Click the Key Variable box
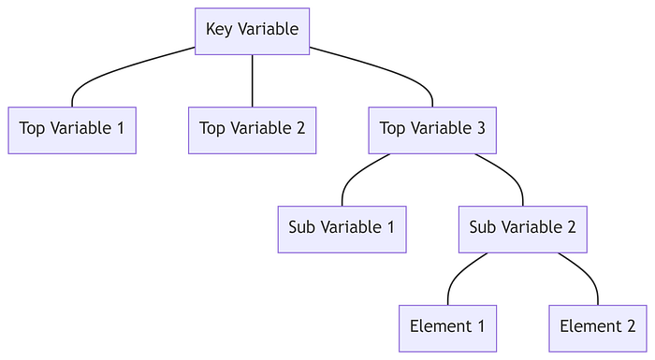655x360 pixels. [252, 30]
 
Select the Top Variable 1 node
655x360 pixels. [72, 130]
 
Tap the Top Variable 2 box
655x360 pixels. [252, 130]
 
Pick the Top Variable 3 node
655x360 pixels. [432, 130]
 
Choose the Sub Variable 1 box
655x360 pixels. [342, 228]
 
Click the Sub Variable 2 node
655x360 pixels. [522, 228]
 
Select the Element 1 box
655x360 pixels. [447, 327]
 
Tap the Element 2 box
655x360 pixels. [597, 327]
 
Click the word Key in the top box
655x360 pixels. [219, 30]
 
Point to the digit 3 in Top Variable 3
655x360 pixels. [480, 130]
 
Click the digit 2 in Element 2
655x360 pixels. [630, 327]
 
